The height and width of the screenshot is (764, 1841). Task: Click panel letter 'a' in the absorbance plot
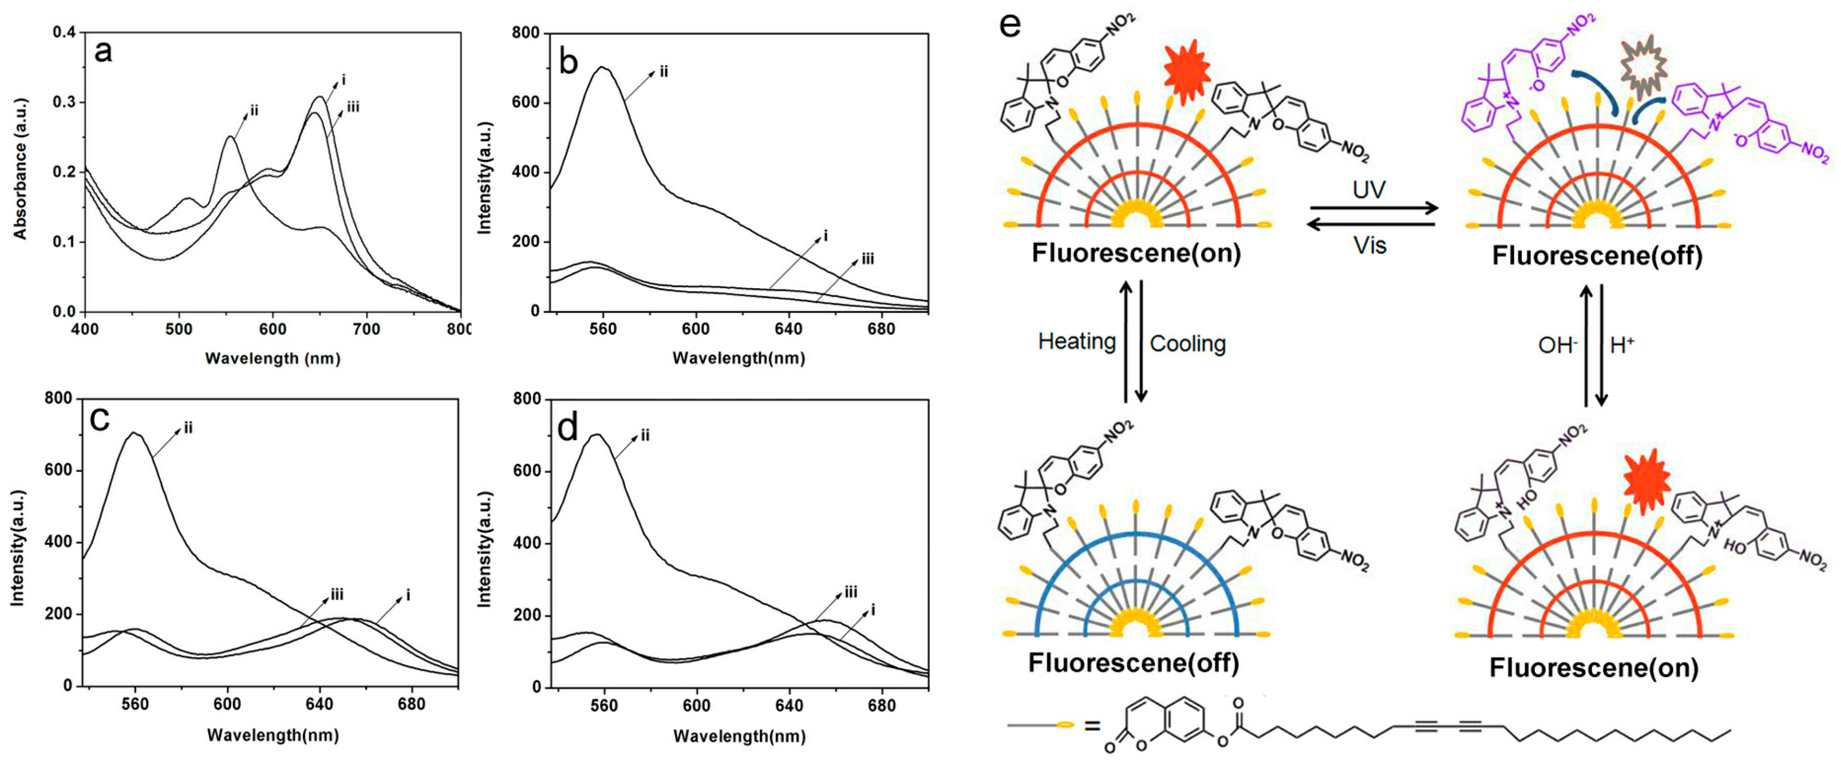tap(104, 52)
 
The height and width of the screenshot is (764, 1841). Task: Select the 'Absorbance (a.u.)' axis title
tap(20, 169)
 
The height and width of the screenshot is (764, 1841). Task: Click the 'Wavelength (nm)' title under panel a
tap(272, 359)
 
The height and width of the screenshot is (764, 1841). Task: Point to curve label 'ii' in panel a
tap(253, 111)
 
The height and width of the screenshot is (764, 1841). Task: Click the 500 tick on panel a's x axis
tap(179, 329)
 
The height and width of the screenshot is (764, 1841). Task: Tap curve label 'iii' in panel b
tap(867, 259)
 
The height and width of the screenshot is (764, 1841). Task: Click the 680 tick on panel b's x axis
tap(881, 329)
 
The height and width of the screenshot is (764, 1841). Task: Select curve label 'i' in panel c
tap(408, 594)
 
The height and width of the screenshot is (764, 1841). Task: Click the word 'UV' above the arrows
tap(1369, 189)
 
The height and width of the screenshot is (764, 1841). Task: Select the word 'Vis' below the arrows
tap(1369, 246)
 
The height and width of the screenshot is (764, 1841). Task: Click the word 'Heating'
tap(1076, 342)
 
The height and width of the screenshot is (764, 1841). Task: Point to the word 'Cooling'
tap(1187, 344)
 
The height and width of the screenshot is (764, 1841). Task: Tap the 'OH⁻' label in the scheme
tap(1557, 346)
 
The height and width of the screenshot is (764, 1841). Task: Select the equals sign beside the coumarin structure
tap(1091, 726)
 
